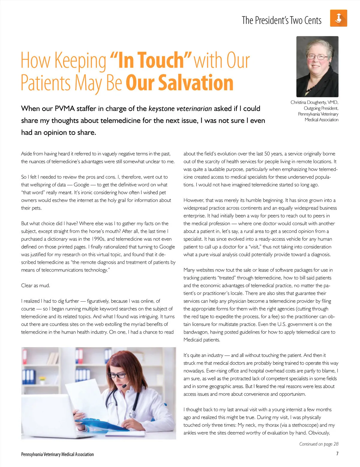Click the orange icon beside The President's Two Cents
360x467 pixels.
[x=338, y=18]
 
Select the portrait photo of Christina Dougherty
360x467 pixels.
[x=317, y=67]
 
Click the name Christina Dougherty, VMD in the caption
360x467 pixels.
[x=314, y=102]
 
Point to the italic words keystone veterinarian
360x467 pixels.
[x=180, y=109]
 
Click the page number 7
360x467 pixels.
[x=337, y=454]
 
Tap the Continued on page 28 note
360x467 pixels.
[x=319, y=444]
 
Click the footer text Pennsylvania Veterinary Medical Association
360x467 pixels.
[x=57, y=454]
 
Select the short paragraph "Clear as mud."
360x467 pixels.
[x=35, y=285]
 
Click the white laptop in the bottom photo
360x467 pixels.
[x=45, y=417]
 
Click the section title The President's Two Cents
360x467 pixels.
[x=281, y=20]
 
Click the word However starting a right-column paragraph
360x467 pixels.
[x=193, y=200]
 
